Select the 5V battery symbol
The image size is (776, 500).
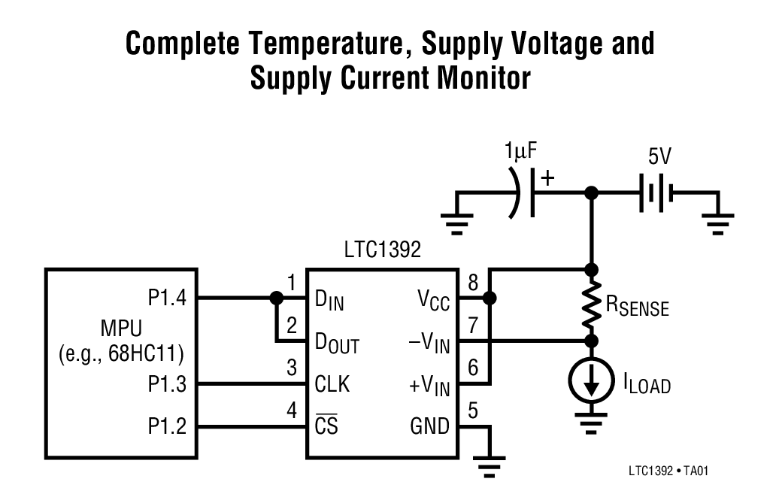click(655, 193)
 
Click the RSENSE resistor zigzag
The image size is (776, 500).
click(592, 305)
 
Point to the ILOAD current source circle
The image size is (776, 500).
click(592, 383)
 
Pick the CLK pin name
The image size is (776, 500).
click(332, 385)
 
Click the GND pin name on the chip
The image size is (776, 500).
click(429, 427)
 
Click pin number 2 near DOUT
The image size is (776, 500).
click(292, 326)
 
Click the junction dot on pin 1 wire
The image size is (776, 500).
click(276, 298)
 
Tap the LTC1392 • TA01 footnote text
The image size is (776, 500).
click(668, 471)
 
